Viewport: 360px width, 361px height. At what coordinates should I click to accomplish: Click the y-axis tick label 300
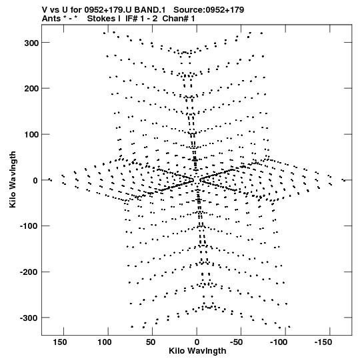31,43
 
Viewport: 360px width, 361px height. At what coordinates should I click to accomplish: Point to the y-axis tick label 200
31,89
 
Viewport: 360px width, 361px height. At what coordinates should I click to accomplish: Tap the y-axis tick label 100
31,134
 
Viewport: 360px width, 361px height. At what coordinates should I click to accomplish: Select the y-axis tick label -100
29,226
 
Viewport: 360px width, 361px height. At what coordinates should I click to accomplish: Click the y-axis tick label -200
29,272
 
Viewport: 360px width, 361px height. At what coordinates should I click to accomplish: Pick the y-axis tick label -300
29,318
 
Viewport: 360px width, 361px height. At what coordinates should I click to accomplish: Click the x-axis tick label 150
60,342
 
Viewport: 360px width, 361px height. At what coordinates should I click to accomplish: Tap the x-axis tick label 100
105,342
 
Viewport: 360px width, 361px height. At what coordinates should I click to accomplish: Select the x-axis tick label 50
151,342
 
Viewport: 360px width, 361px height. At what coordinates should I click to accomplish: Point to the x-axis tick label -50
236,342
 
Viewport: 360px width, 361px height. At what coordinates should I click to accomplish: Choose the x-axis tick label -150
323,342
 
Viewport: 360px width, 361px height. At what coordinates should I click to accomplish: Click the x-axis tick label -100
279,342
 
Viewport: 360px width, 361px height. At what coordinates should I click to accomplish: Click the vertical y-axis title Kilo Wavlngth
13,179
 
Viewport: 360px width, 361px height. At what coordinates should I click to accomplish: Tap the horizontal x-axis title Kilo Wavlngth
197,351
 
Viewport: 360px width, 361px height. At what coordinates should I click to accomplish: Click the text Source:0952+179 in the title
209,10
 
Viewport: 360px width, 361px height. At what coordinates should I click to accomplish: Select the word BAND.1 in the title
150,10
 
